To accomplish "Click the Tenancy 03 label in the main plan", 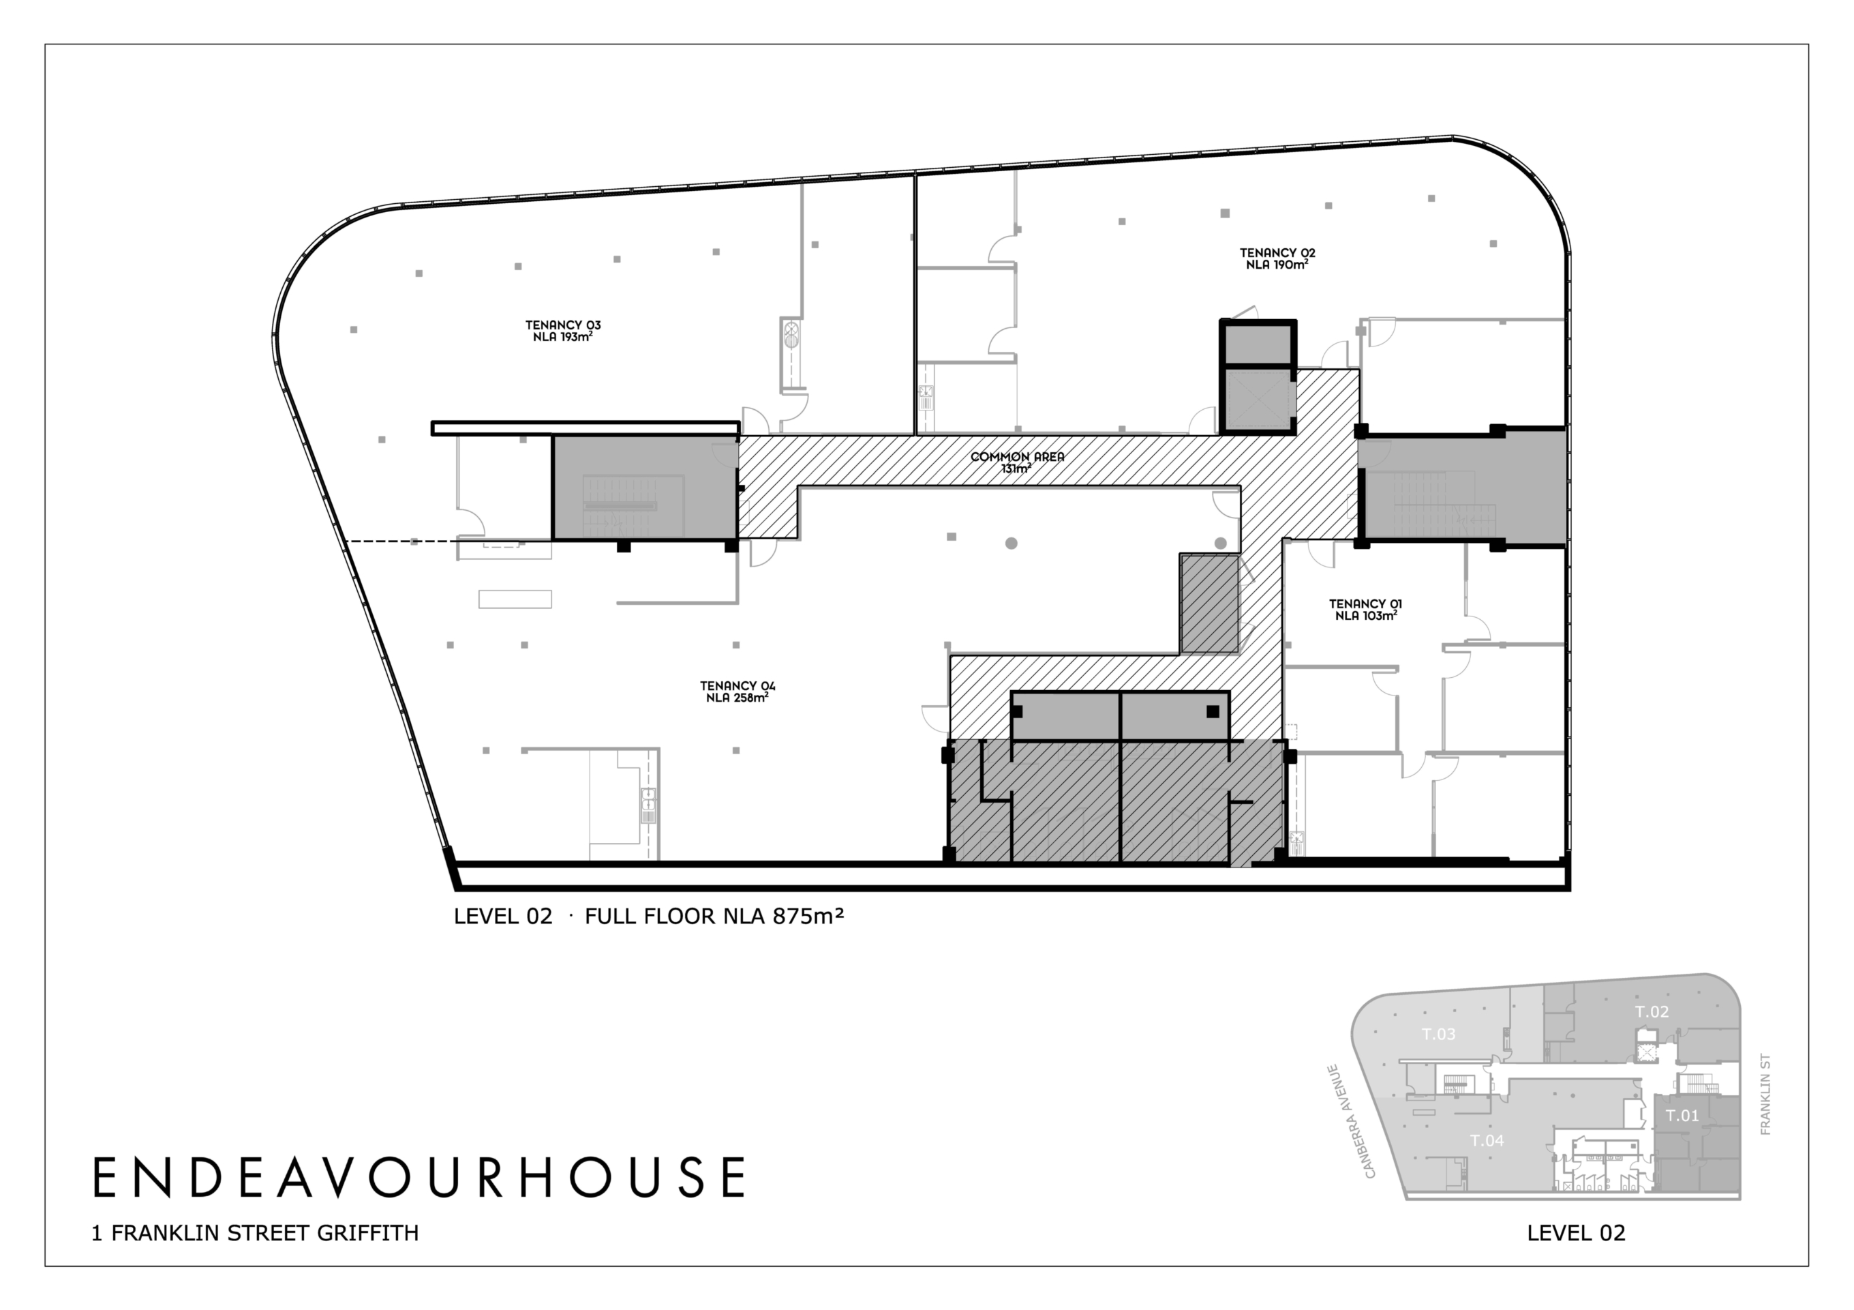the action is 563,331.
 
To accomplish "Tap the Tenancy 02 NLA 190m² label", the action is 1277,258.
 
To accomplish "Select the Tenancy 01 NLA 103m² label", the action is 1365,610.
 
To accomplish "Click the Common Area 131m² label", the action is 1018,462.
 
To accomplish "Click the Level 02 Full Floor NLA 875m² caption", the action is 649,916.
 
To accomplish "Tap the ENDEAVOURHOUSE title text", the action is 419,1178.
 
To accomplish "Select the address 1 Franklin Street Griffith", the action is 255,1233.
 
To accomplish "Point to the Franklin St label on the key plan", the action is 1765,1095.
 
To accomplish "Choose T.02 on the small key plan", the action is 1652,1011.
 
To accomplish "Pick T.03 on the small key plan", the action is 1438,1034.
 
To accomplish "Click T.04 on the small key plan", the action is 1487,1140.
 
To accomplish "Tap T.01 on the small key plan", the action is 1683,1116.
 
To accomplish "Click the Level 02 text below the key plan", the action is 1576,1233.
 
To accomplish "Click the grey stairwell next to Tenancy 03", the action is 644,487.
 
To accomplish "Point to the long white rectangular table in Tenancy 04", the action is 515,599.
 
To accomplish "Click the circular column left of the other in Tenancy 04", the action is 1011,544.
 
